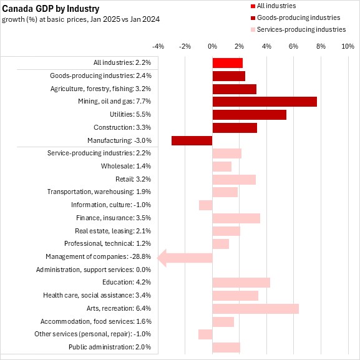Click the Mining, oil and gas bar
265,102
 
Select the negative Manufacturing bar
192,140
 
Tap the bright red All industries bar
228,63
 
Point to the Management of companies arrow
185,258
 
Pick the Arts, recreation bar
256,309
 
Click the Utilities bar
250,115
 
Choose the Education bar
241,283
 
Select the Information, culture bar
206,205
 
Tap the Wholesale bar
222,167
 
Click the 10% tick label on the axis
348,46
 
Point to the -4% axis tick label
158,46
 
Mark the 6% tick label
293,46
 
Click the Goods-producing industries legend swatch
253,18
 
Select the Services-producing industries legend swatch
253,29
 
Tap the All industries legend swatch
253,6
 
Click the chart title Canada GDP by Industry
51,9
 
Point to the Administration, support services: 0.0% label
94,270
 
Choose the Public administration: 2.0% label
110,347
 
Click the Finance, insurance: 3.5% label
114,218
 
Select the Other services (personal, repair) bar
205,334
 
